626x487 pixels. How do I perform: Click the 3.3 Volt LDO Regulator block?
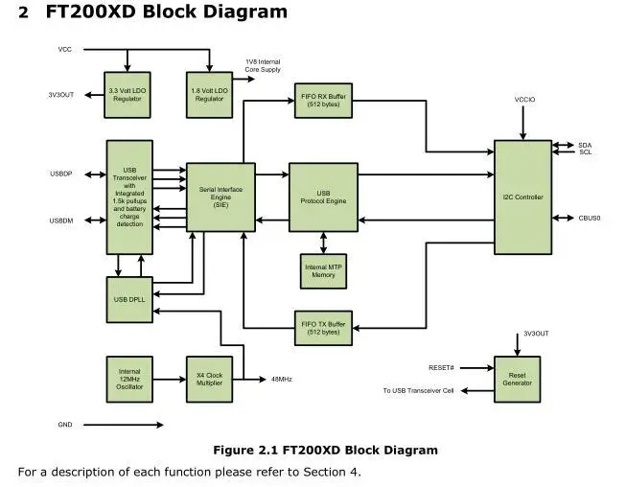click(x=128, y=95)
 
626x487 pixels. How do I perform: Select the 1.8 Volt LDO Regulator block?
click(x=210, y=95)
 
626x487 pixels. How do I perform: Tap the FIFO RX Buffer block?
click(x=323, y=101)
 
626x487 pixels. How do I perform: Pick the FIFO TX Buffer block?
click(x=323, y=328)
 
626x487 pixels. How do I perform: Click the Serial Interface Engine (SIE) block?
click(x=220, y=197)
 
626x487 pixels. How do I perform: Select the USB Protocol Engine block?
click(x=323, y=197)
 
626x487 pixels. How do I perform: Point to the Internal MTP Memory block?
click(x=323, y=271)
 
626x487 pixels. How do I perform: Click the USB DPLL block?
click(x=129, y=300)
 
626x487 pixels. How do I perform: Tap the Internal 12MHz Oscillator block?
click(x=129, y=380)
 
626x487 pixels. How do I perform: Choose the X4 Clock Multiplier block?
click(x=210, y=380)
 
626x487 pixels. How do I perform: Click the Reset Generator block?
click(x=518, y=380)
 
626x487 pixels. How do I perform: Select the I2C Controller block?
click(x=523, y=197)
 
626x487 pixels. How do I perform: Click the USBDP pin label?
click(x=61, y=174)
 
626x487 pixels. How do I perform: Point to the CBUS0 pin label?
click(x=590, y=219)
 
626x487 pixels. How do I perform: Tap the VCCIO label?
click(x=524, y=100)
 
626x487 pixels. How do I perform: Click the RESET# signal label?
click(x=441, y=367)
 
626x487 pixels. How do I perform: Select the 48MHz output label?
click(x=282, y=380)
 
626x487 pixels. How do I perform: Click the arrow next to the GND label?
click(x=124, y=425)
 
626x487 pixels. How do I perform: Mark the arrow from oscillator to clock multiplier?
click(x=170, y=380)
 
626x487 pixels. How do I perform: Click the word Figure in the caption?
click(x=233, y=451)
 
